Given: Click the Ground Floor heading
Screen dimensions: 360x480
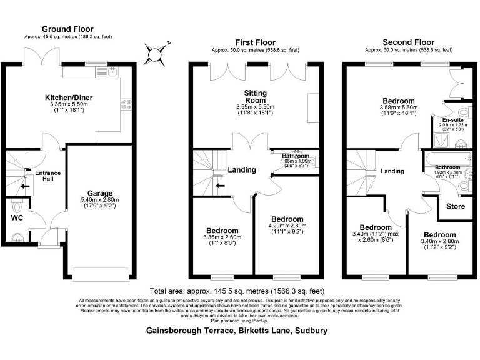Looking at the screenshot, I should (x=67, y=29).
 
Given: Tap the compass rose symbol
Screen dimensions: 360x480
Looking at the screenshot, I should (x=154, y=54).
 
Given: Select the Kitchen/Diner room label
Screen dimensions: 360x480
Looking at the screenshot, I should (x=69, y=97).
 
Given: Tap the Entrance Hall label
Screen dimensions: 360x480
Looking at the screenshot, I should (x=47, y=176).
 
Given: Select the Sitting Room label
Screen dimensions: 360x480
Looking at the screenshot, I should (x=255, y=97).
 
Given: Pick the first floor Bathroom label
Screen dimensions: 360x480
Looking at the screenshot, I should (x=295, y=155).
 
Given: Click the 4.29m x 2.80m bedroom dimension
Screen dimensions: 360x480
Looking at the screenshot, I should (x=287, y=226).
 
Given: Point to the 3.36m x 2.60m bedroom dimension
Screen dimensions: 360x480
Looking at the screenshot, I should (x=221, y=237).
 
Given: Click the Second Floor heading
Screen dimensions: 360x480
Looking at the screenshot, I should (x=407, y=41).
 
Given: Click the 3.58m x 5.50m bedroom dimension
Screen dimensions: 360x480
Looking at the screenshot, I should (x=398, y=108).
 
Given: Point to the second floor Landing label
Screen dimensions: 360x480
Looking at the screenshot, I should (x=392, y=171).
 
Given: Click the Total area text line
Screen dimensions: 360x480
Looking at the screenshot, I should (x=237, y=291).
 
